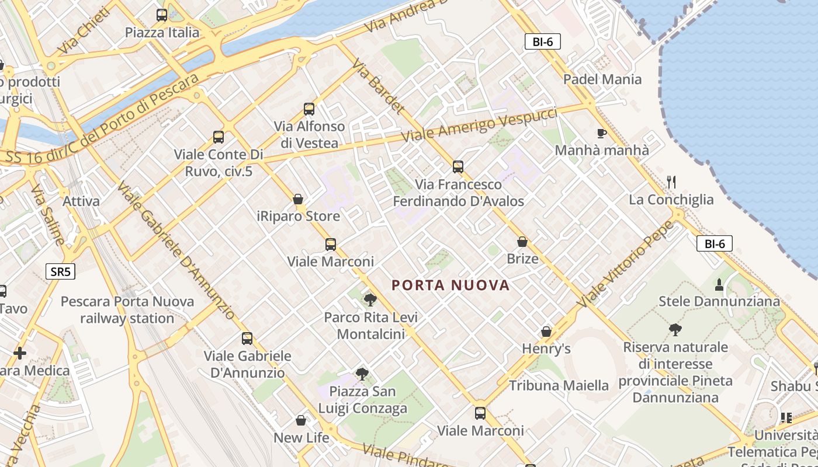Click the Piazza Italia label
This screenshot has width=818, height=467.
coord(162,33)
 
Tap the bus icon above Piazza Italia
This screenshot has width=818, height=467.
coord(162,15)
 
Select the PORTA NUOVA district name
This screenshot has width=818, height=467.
coord(450,285)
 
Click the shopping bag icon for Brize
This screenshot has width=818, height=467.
coord(522,242)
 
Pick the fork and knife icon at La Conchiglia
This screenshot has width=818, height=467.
coord(671,182)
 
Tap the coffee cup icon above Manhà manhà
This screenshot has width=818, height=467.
coord(602,133)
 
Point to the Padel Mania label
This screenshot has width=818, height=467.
coord(602,79)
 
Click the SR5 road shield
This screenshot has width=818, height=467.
coord(60,271)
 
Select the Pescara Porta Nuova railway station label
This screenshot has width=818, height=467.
coord(127,310)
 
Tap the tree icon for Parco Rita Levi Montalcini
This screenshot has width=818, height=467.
coord(370,300)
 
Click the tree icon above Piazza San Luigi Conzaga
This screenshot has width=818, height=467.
coord(362,374)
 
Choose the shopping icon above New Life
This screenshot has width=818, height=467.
coord(301,420)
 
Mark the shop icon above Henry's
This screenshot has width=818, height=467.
coord(546,332)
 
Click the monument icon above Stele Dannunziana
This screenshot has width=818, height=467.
coord(719,284)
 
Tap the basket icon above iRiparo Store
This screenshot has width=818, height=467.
coord(298,199)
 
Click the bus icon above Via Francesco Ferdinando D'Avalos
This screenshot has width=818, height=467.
coord(458,167)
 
